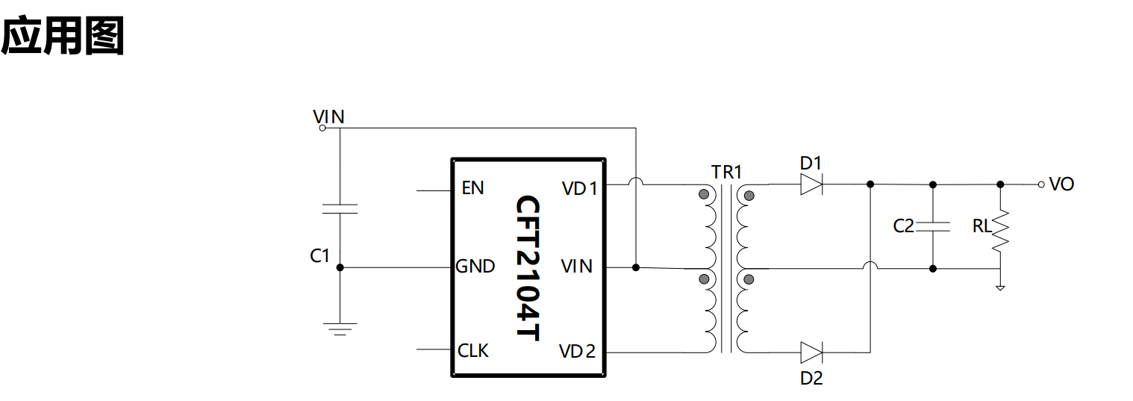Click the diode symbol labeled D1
coord(811,184)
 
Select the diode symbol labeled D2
coord(811,352)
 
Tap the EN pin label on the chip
coord(473,188)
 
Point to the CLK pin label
coord(473,350)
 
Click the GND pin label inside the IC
coord(475,267)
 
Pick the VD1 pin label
coord(580,189)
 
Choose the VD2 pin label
coord(577,352)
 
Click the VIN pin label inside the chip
coord(577,267)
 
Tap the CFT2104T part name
coord(528,268)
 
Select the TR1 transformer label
coord(727,172)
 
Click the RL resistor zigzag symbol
coord(1000,231)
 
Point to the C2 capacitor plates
coord(933,226)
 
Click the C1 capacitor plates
coord(340,209)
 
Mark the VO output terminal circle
coord(1041,184)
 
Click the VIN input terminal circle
coord(322,128)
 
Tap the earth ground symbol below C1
coord(340,329)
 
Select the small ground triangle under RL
coord(1000,288)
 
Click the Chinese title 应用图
coord(63,35)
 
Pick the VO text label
coord(1061,184)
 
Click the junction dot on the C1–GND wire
coord(340,267)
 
